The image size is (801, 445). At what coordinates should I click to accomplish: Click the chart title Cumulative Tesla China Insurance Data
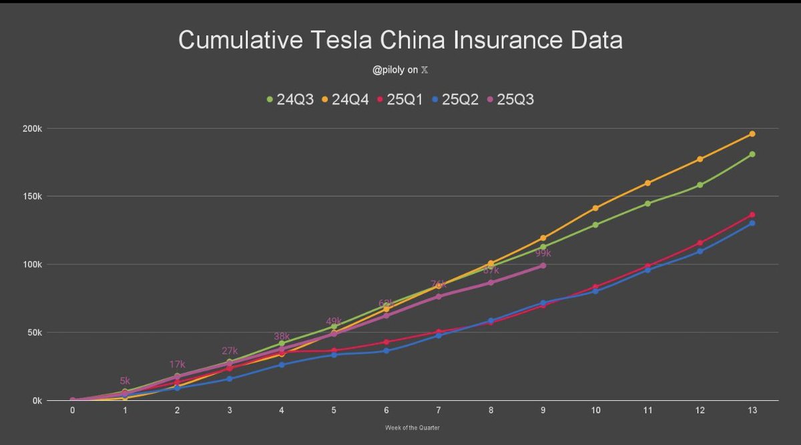point(400,40)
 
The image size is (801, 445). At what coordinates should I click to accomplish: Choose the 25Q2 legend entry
point(456,100)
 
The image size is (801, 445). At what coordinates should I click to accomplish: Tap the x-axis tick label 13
point(752,411)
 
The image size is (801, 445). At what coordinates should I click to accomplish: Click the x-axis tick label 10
point(595,411)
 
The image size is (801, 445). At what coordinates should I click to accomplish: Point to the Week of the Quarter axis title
point(412,428)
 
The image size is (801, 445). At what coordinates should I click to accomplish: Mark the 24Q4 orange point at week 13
point(752,134)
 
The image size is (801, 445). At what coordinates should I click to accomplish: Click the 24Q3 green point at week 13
point(752,154)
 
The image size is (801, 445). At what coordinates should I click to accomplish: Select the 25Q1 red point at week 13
point(752,214)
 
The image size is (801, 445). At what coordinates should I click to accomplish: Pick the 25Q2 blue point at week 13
point(752,223)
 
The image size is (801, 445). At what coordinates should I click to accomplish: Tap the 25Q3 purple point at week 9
point(543,265)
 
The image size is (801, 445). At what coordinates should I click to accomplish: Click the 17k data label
point(178,365)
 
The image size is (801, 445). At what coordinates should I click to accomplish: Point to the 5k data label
point(125,381)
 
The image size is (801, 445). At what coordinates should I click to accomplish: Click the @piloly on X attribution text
point(400,69)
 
